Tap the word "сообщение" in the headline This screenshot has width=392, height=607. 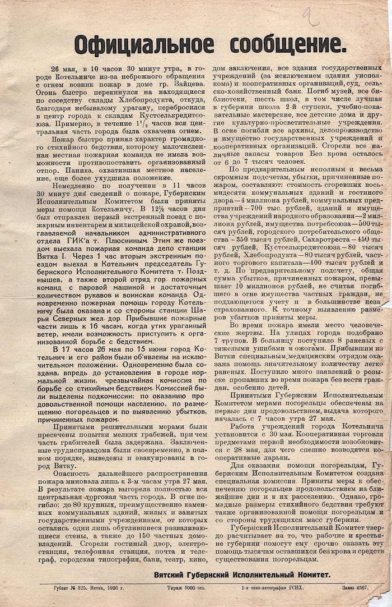pos(284,43)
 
